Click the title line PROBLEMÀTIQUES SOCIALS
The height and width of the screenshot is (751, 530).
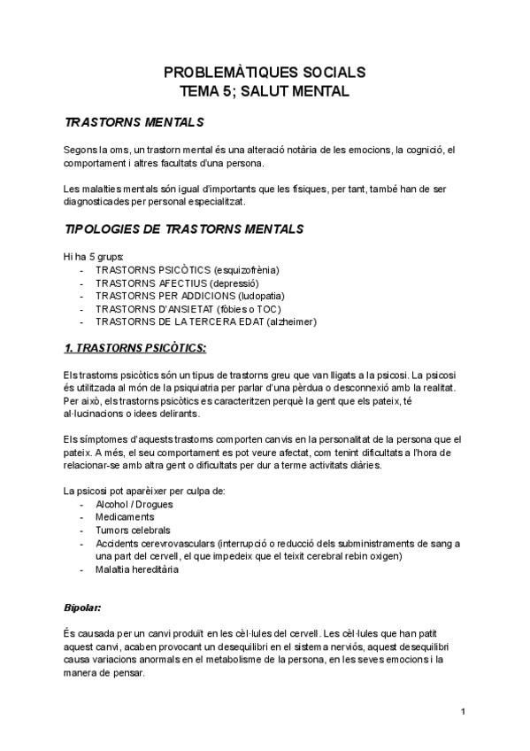pos(265,73)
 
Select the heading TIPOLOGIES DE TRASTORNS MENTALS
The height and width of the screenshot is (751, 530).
pos(185,229)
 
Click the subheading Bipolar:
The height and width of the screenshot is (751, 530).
pos(83,608)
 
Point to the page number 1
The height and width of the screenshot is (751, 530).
pos(463,711)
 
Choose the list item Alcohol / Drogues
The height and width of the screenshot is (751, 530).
pos(134,504)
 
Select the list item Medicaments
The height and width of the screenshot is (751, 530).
pos(125,516)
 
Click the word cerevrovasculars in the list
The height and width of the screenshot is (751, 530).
pos(181,543)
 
